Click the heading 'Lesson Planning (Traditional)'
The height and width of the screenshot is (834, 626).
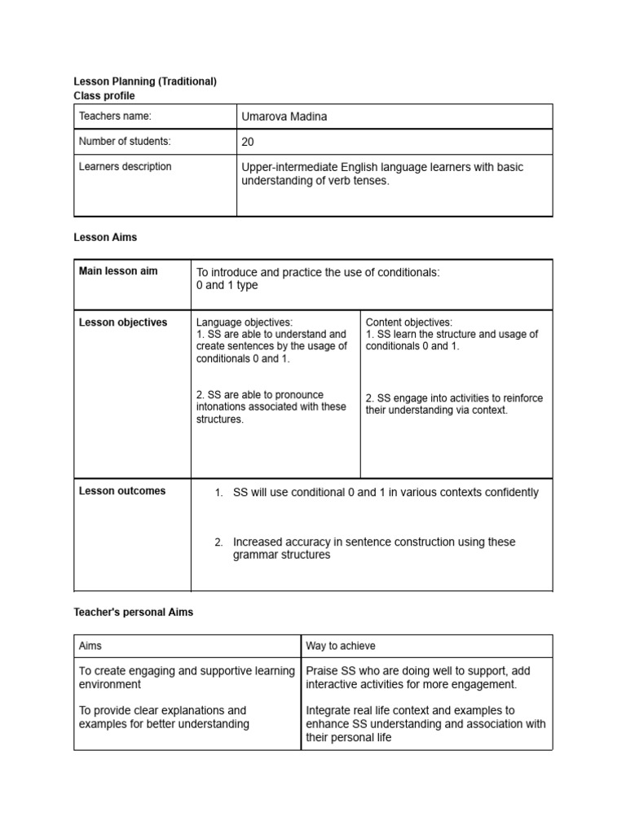(x=145, y=81)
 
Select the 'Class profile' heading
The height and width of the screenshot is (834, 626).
(x=104, y=96)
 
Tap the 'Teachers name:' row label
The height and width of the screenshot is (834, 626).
(x=115, y=116)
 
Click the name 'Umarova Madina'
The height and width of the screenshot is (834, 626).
(x=284, y=116)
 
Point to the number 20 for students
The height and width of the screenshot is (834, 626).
(x=248, y=142)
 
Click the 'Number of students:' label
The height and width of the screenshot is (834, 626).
(x=125, y=142)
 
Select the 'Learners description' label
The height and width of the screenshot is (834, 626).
(x=125, y=167)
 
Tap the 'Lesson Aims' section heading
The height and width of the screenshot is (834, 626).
(x=105, y=238)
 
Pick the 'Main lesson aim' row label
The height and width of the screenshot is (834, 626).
(x=118, y=271)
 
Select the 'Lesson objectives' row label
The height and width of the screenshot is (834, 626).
(x=122, y=323)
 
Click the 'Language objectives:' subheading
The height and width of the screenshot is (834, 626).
(x=244, y=323)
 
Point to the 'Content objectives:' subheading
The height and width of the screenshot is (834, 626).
(x=408, y=323)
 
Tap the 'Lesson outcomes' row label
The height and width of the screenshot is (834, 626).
(x=121, y=491)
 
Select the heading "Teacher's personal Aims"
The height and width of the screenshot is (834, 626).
(x=134, y=612)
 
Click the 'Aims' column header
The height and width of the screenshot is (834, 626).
(x=90, y=646)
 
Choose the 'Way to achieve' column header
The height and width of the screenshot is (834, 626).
(x=341, y=646)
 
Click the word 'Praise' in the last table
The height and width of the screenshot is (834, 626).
(x=322, y=671)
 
